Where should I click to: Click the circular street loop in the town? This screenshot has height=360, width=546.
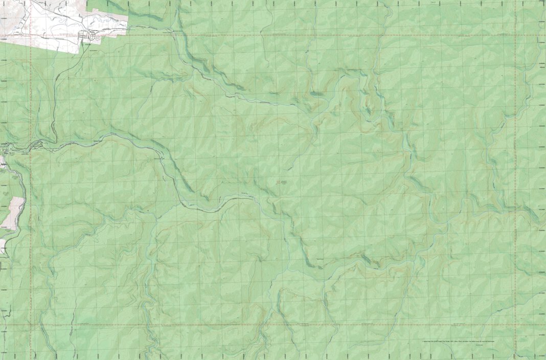(93, 35)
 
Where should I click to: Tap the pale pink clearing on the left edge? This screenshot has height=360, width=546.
(17, 212)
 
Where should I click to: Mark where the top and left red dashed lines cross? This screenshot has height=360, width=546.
(31, 35)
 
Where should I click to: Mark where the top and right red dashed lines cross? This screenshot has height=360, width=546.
(515, 35)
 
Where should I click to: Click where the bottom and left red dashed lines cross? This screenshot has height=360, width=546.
(31, 324)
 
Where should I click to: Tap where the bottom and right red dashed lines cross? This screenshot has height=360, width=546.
(515, 324)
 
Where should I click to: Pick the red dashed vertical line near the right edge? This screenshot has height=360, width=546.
(515, 153)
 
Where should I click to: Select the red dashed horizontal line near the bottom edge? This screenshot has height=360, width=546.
(256, 324)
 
